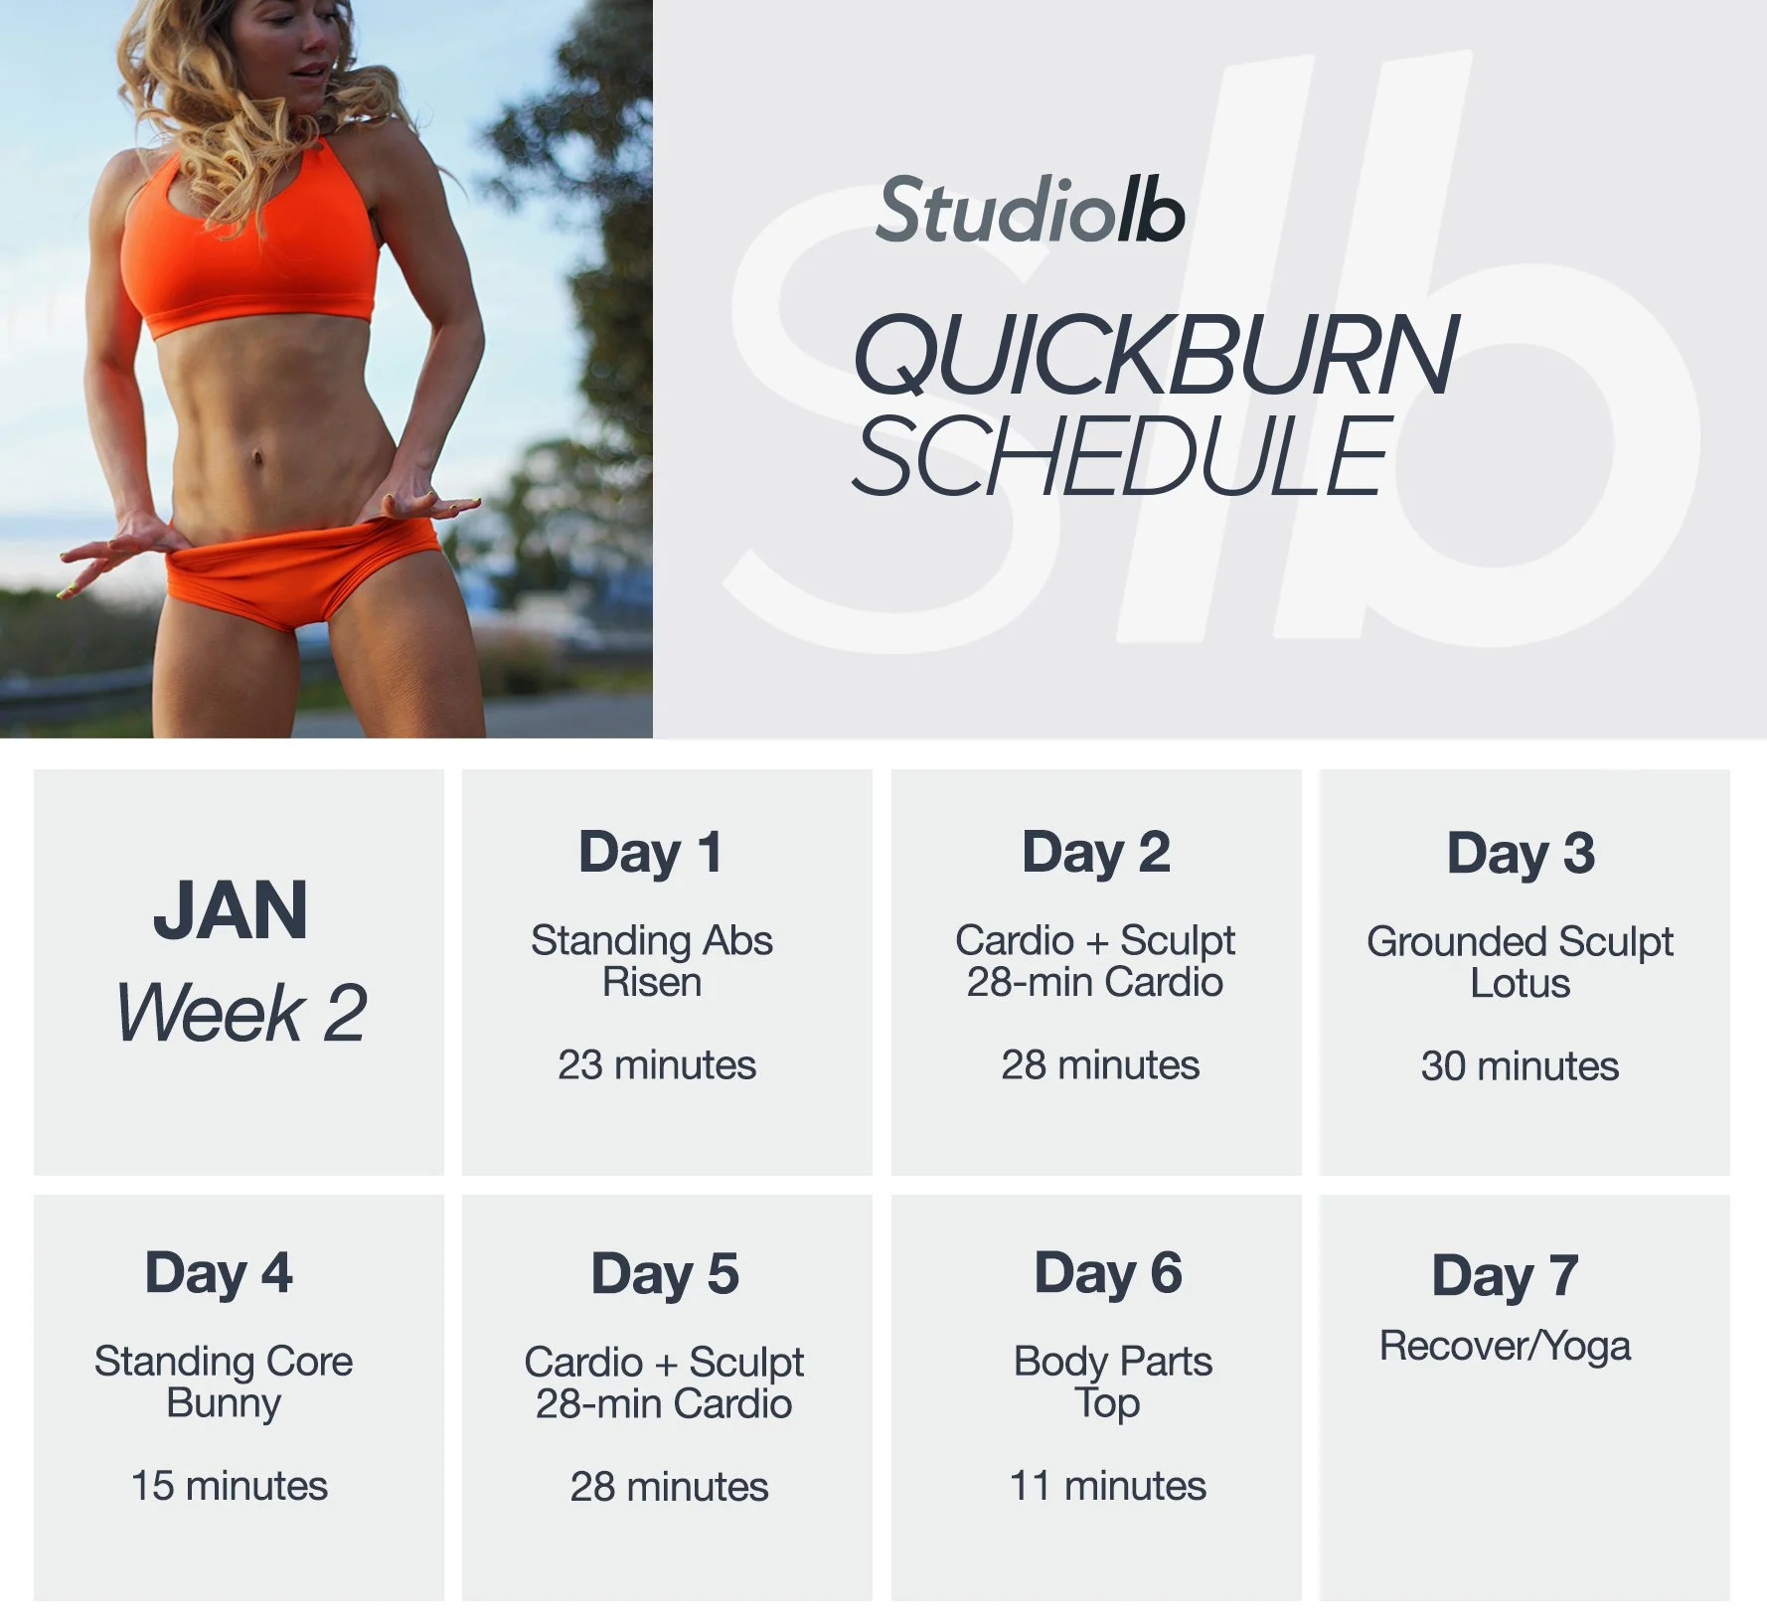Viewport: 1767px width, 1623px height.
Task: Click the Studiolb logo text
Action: (1030, 211)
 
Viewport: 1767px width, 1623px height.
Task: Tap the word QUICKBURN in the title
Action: (1155, 355)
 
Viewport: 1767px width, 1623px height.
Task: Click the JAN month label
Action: (231, 910)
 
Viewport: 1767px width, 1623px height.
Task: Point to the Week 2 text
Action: (241, 1014)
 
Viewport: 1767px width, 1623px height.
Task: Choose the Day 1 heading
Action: (651, 853)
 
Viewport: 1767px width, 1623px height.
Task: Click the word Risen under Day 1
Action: (652, 983)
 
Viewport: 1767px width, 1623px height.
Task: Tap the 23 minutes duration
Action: (657, 1065)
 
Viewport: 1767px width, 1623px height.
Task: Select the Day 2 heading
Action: (1096, 853)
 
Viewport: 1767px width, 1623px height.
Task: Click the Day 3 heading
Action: (1521, 854)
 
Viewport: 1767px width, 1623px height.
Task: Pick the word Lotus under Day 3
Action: (1521, 984)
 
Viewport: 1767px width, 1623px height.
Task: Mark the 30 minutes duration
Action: (1520, 1066)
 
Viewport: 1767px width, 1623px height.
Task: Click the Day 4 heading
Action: (219, 1274)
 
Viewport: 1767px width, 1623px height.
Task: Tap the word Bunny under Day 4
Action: (224, 1404)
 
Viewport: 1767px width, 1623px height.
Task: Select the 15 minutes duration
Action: (230, 1487)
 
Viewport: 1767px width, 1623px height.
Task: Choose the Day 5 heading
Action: (665, 1275)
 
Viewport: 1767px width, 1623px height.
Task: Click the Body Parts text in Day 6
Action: (1113, 1362)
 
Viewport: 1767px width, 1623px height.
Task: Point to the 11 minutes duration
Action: (1108, 1487)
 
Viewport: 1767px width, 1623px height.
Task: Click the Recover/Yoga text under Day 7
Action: (1505, 1347)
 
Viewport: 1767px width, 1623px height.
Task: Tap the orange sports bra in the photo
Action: (248, 258)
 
